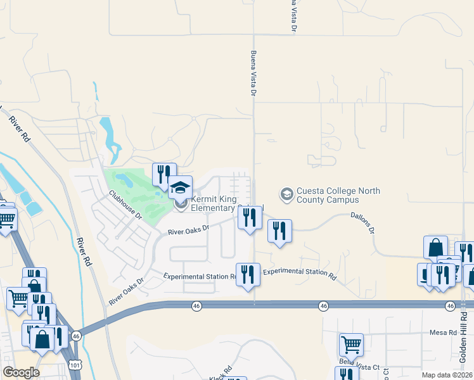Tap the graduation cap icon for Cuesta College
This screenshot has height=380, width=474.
(286, 193)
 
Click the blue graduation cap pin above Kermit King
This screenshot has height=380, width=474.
(180, 187)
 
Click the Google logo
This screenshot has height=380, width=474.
(20, 372)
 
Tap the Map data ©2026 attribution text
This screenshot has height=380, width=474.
(446, 375)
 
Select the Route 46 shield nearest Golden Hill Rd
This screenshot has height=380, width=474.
(450, 306)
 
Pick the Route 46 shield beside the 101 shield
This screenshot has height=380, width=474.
(76, 336)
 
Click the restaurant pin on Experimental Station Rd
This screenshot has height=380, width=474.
(248, 274)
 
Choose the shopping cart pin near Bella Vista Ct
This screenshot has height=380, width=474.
(351, 345)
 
